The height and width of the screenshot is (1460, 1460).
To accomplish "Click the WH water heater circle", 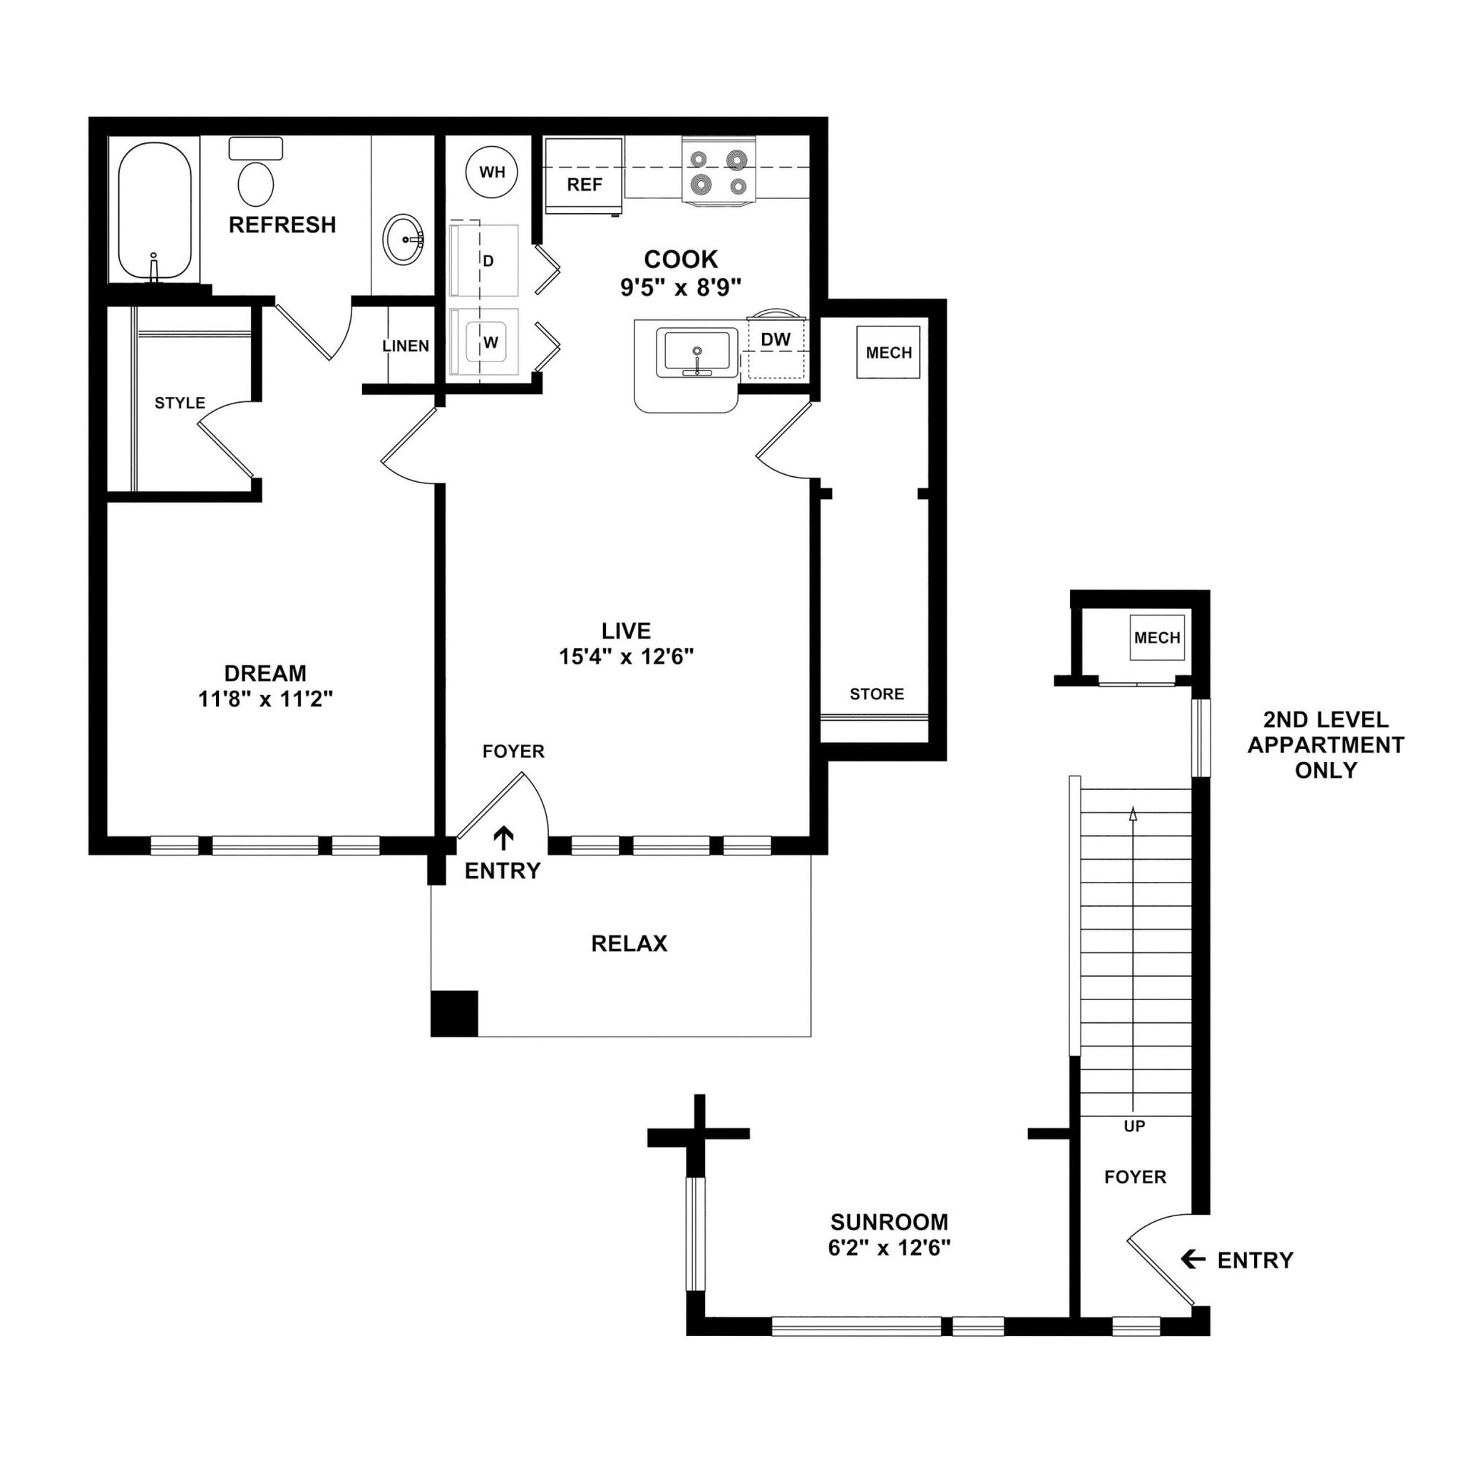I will (492, 173).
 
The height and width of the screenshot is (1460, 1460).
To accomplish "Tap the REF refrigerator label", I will (584, 185).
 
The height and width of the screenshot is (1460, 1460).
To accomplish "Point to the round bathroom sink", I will (403, 239).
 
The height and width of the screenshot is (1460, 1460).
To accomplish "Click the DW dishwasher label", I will (776, 340).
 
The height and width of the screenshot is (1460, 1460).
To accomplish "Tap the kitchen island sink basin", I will (696, 351).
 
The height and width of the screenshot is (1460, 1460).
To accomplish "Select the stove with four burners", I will (719, 172).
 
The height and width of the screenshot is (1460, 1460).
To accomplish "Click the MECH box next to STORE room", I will (888, 352).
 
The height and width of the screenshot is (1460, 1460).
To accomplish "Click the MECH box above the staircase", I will (1156, 638).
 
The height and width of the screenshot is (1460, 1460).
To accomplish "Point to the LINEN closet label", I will (406, 346).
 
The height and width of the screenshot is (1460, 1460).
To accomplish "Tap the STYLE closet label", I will (180, 403).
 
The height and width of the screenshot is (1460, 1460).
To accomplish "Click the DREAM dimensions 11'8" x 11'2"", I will (265, 700).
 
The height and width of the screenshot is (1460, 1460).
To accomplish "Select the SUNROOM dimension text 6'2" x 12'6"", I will (889, 1248).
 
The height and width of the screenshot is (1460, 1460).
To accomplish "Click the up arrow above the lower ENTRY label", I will (503, 838).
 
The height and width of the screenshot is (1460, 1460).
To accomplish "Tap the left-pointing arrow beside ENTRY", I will (1193, 1259).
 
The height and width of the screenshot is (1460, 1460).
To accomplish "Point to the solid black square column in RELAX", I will (454, 1012).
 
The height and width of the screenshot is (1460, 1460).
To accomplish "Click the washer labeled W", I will (490, 342).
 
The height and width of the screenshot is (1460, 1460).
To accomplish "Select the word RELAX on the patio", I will (629, 943).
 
